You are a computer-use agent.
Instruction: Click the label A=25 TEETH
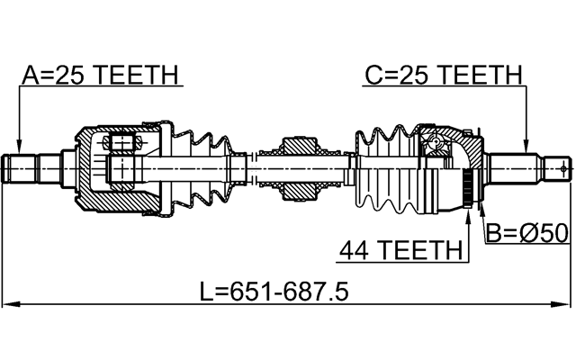coord(99,75)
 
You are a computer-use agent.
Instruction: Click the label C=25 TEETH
coord(443,75)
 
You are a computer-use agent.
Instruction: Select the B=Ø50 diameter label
coord(526,234)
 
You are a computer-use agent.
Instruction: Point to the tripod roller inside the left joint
coord(121,142)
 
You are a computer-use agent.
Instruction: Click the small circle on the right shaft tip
coord(562,168)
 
